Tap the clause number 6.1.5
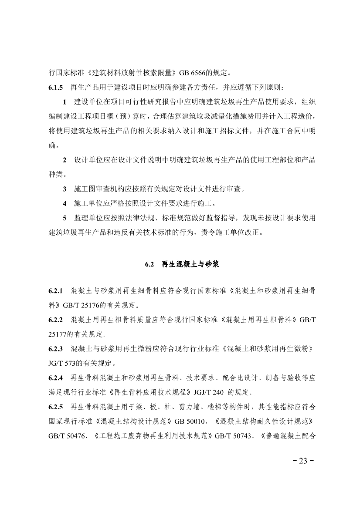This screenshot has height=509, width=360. click(56, 87)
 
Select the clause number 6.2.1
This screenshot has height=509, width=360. click(56, 290)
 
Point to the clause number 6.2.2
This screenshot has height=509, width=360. click(56, 320)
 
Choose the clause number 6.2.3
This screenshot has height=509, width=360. click(56, 350)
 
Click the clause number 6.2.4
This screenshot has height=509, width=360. click(56, 379)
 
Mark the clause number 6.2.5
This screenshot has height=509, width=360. click(56, 409)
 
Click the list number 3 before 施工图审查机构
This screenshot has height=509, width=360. click(65, 189)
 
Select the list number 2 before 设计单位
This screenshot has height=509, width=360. click(65, 160)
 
